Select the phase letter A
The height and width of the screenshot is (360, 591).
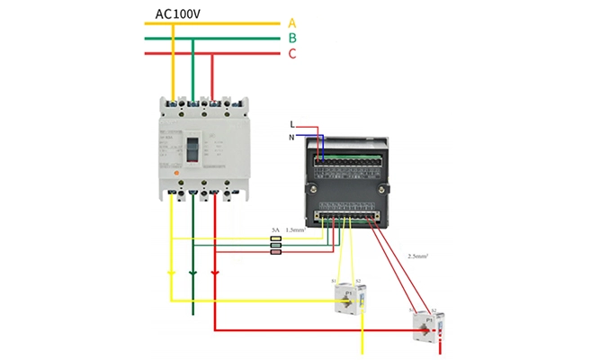[x=292, y=23]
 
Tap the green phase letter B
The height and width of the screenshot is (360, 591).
[x=292, y=39]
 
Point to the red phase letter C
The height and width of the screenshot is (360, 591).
[x=292, y=54]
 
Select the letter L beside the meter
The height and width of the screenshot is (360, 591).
[x=291, y=124]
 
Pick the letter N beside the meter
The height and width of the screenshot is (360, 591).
[x=291, y=137]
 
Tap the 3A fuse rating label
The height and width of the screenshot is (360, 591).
[x=275, y=231]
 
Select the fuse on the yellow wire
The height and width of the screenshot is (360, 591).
[x=275, y=238]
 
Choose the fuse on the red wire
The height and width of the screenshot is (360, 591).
[x=275, y=253]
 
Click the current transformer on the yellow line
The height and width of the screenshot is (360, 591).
[x=345, y=298]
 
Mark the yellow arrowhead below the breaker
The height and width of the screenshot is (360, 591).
[x=171, y=272]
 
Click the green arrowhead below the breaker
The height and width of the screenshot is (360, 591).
[x=192, y=272]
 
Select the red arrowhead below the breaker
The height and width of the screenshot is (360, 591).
[x=213, y=272]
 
